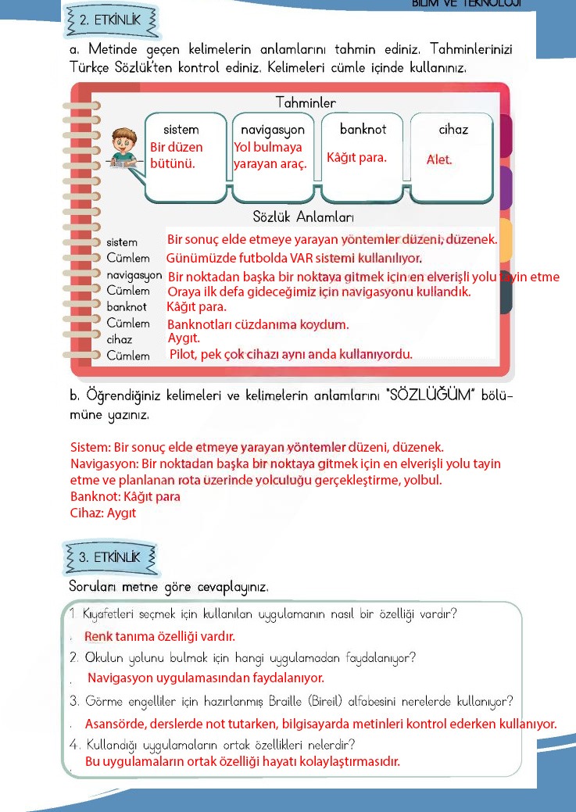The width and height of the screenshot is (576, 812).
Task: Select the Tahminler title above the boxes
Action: click(x=306, y=103)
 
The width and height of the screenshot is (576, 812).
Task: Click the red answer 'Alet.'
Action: click(x=439, y=159)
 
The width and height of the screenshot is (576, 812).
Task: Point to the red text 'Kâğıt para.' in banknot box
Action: click(x=356, y=158)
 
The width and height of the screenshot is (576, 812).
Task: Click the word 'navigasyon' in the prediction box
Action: click(x=272, y=129)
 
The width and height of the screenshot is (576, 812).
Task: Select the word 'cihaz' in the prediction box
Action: click(x=453, y=129)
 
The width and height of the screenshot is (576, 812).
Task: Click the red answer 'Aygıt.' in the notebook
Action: click(x=184, y=338)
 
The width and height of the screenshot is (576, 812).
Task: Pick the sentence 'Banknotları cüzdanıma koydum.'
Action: click(x=258, y=324)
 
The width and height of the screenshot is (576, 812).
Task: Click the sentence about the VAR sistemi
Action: click(x=294, y=258)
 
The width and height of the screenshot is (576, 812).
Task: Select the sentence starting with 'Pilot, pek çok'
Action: click(x=290, y=355)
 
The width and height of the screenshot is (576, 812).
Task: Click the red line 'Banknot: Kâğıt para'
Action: click(x=125, y=496)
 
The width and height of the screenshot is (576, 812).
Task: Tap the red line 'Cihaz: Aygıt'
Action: click(x=103, y=513)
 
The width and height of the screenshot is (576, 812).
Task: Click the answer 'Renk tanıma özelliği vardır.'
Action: click(x=159, y=636)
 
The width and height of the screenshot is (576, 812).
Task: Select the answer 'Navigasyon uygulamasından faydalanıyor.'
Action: click(x=206, y=678)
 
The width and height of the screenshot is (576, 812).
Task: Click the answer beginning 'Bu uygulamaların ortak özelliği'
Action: click(x=242, y=762)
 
